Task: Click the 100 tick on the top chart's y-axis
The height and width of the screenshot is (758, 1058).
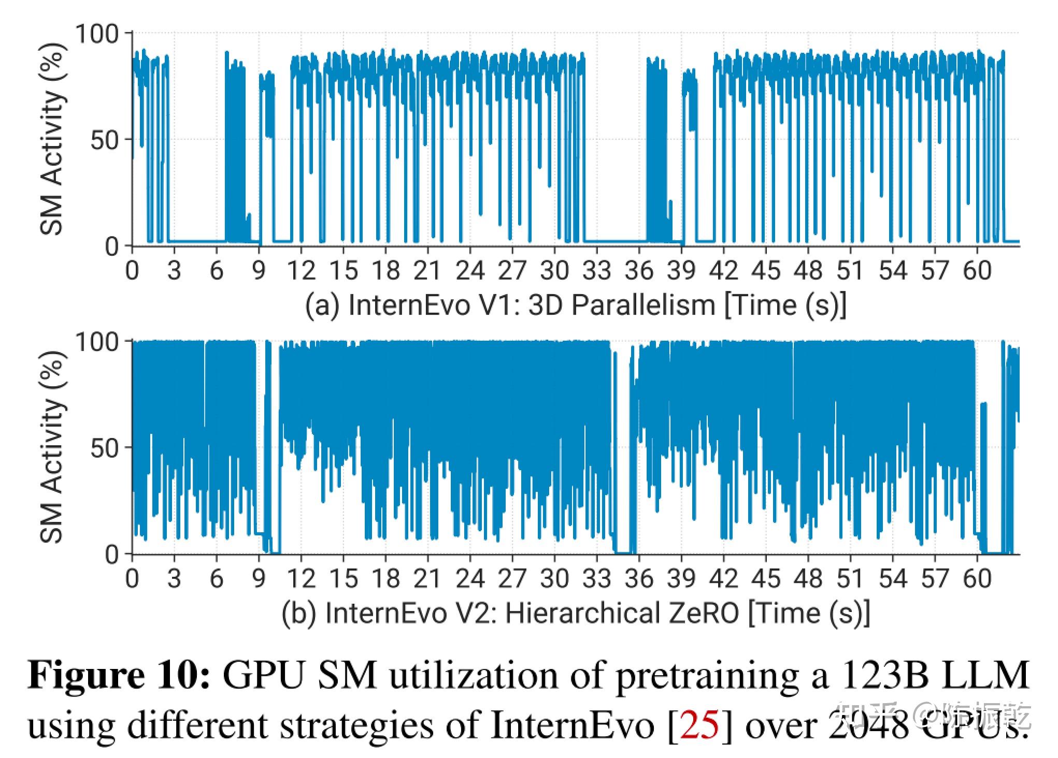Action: [97, 34]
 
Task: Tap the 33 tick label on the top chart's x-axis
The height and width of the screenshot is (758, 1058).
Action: [597, 271]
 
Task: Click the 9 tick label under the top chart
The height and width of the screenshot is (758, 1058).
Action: [259, 271]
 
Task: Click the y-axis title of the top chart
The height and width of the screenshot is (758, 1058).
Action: [53, 139]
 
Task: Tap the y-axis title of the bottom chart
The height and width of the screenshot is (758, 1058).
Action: [53, 447]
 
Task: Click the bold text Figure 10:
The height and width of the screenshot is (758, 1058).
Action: [119, 676]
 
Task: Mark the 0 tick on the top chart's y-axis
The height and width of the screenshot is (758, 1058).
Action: [112, 246]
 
